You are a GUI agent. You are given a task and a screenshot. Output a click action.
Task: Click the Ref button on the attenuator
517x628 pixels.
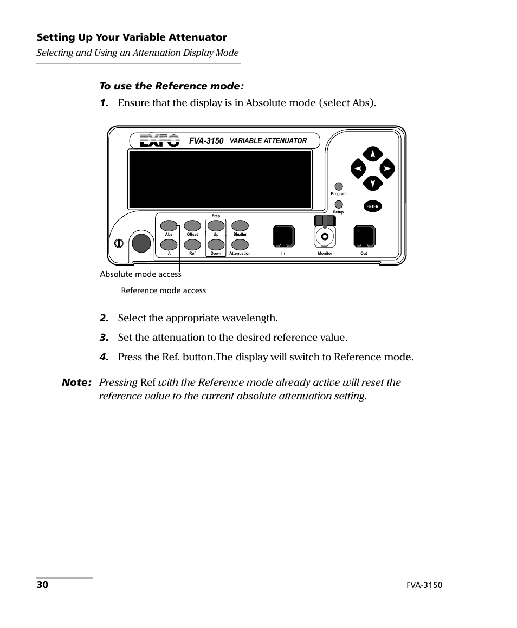click(x=192, y=244)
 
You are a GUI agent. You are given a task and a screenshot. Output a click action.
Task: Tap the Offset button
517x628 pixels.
click(x=192, y=225)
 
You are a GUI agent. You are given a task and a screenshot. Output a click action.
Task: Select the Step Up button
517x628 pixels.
click(x=216, y=225)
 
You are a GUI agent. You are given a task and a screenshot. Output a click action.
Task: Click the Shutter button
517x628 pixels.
click(x=240, y=225)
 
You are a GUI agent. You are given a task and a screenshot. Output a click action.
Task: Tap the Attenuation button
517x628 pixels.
click(x=240, y=244)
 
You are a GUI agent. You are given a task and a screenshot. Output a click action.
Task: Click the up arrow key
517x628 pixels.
click(x=373, y=154)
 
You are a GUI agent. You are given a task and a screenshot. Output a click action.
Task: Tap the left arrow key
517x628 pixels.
click(x=358, y=169)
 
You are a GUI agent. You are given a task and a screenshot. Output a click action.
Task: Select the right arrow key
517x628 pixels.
click(x=387, y=169)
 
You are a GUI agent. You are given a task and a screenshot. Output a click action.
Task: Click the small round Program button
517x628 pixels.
click(x=338, y=186)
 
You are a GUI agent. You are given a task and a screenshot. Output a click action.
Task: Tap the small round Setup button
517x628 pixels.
click(x=338, y=204)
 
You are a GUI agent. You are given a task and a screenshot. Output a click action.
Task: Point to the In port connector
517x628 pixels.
click(x=283, y=237)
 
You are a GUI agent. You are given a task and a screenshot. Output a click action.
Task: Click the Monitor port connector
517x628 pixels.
click(x=325, y=236)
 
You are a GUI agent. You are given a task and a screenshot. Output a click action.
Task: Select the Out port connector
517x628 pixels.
click(x=364, y=237)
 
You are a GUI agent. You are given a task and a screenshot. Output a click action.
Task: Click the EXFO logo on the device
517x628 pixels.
click(x=160, y=141)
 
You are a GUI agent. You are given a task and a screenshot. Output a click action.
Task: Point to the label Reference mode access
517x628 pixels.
click(x=163, y=290)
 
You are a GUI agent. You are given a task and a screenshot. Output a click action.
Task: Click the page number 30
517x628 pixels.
click(x=42, y=585)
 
